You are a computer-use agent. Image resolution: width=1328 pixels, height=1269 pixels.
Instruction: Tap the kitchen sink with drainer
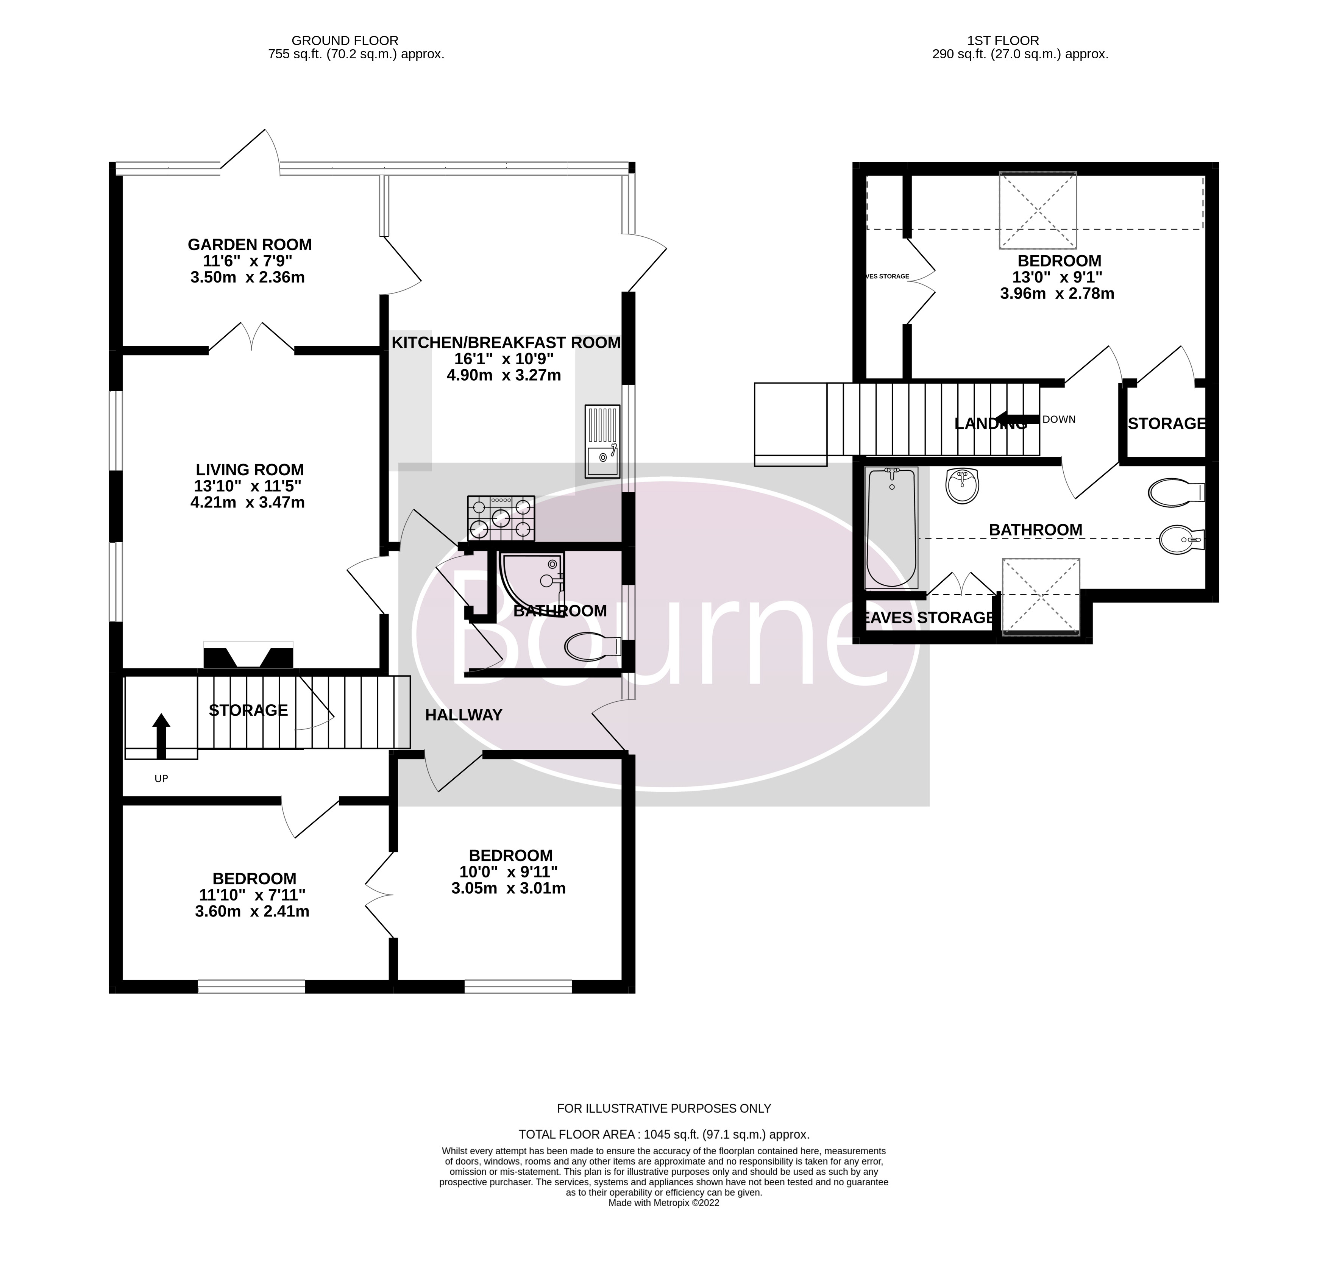[x=601, y=442]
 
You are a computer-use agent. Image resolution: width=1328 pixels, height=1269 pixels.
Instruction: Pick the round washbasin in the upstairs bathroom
[x=962, y=486]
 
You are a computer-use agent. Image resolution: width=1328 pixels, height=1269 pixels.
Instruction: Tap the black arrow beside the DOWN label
[x=1017, y=419]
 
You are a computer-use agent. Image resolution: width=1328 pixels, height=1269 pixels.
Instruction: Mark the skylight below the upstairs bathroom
[x=1041, y=596]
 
